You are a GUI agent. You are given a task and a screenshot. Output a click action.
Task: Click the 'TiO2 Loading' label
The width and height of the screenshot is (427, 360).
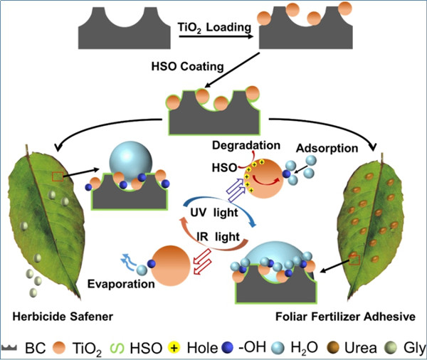pyautogui.click(x=211, y=27)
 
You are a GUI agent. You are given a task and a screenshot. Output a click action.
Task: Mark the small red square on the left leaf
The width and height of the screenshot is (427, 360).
pyautogui.click(x=56, y=176)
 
